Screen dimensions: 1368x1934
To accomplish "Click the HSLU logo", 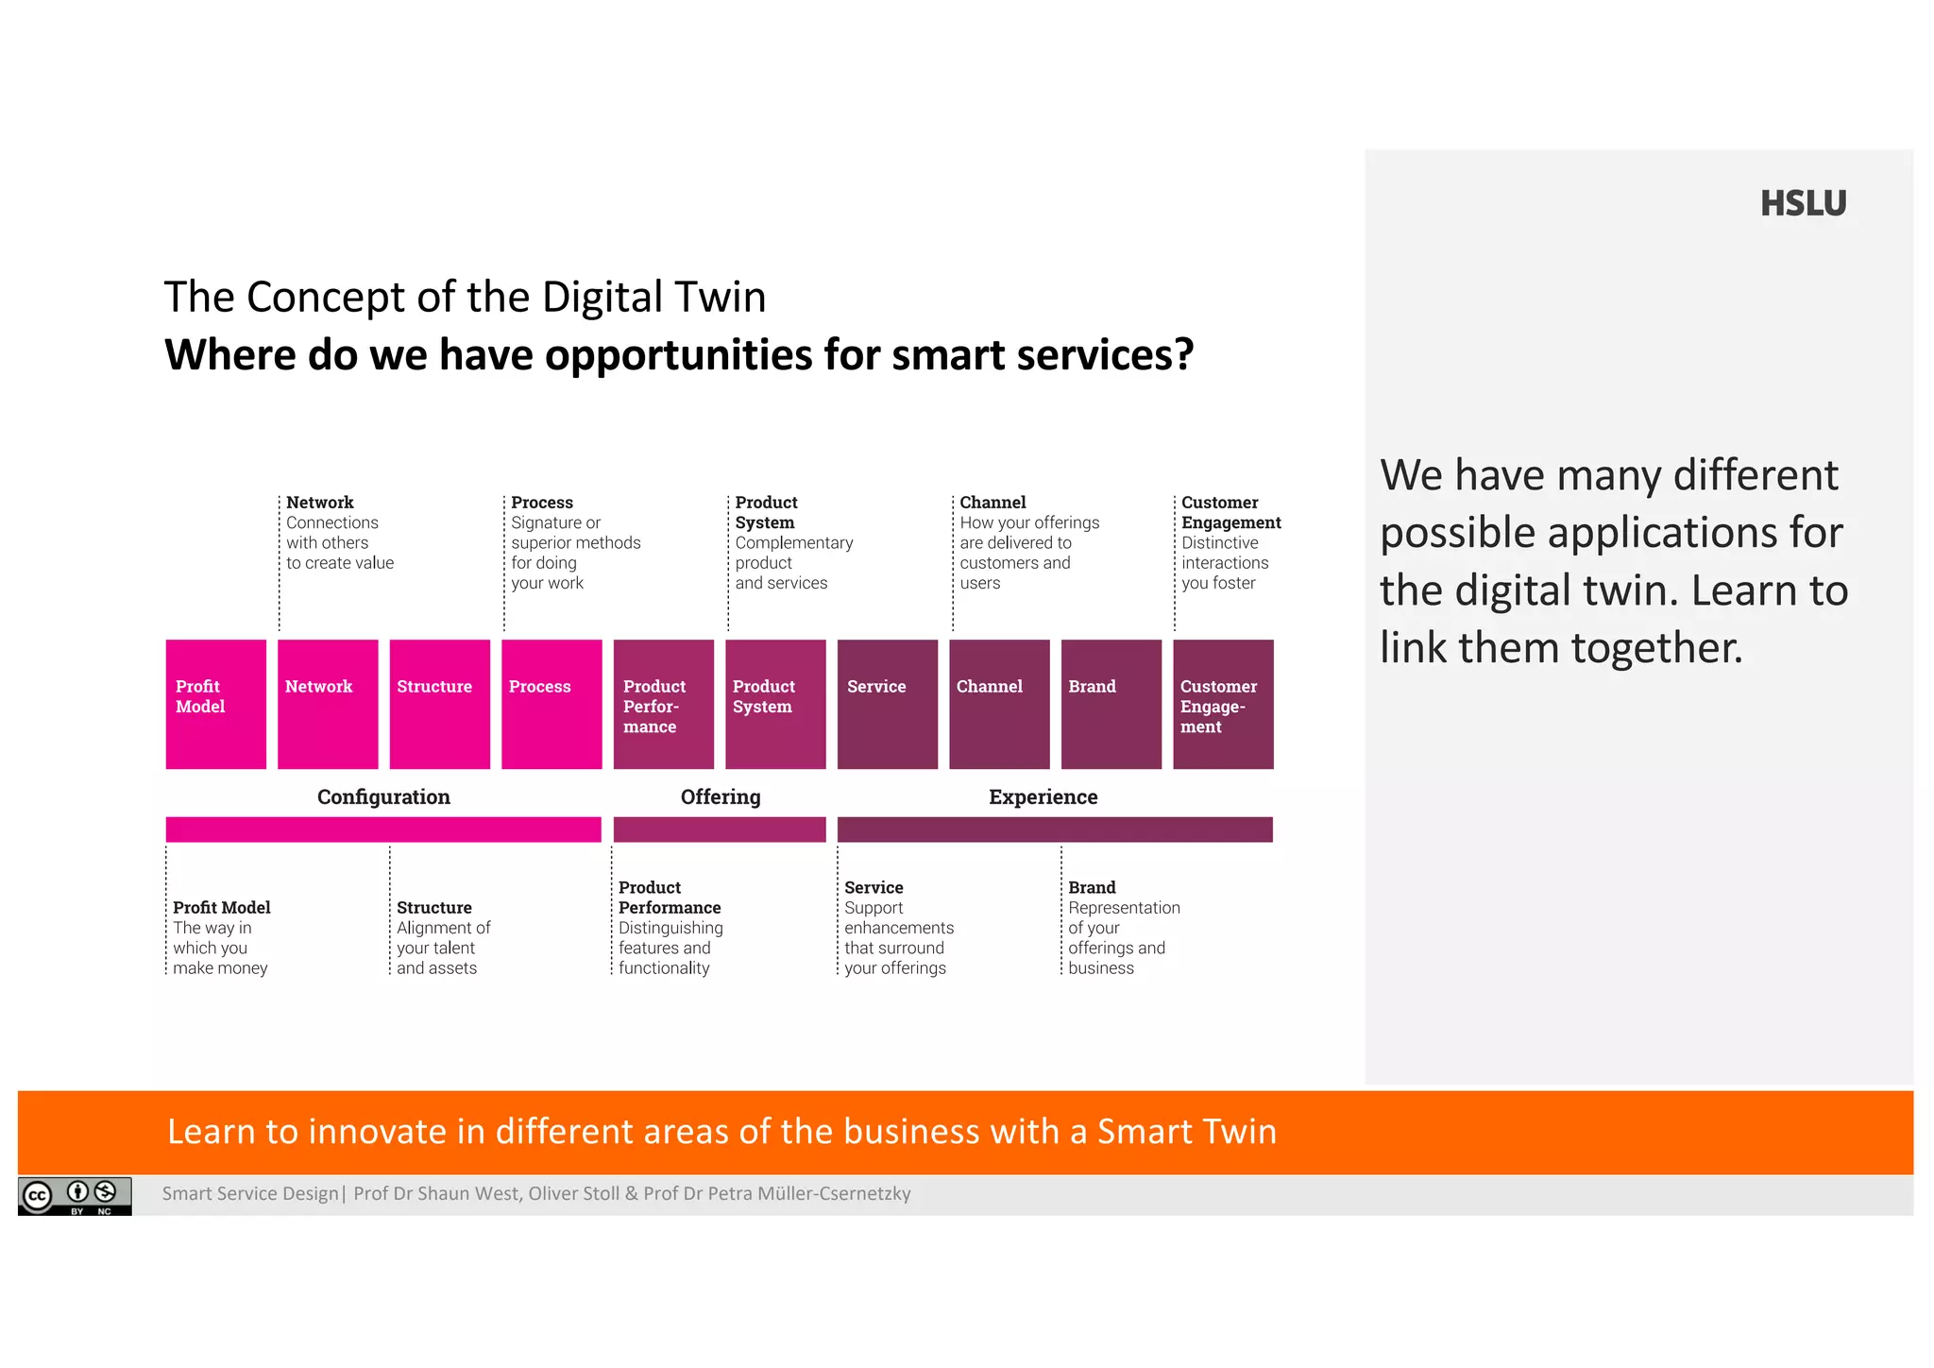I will [1802, 204].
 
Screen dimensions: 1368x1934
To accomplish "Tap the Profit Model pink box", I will [215, 704].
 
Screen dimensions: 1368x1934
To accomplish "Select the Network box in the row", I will [328, 704].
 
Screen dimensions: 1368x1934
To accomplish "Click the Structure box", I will [439, 704].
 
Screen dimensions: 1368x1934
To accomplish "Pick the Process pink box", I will [551, 704].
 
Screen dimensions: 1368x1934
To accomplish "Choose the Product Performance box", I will [663, 704].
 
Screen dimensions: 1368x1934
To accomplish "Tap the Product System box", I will [775, 704].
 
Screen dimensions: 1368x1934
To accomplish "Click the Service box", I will [887, 704].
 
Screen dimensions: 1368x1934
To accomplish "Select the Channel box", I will [999, 704].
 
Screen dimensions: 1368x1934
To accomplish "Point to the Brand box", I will [1111, 704].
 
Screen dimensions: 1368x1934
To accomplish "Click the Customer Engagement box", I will [1223, 704].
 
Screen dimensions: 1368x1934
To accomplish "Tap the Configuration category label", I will [383, 796].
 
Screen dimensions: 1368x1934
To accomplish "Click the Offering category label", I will [720, 796].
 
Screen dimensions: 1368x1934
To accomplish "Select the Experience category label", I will [1043, 796].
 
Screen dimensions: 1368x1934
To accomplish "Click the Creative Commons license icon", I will [75, 1196].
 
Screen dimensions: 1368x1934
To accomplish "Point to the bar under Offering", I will [720, 829].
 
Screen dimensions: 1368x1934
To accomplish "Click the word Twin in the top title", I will [723, 297].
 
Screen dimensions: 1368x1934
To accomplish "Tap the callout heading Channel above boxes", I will [992, 503].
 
